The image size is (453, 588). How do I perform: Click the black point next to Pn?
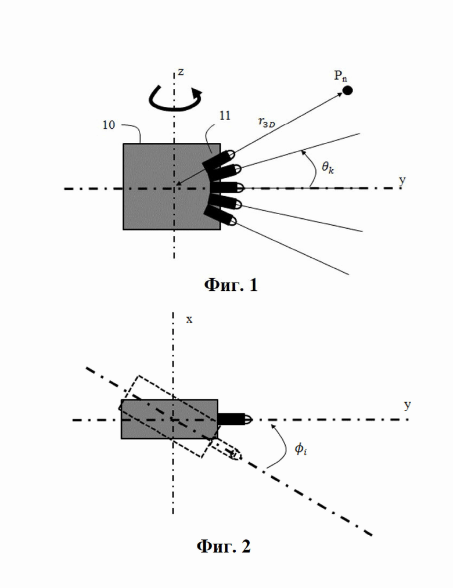347,91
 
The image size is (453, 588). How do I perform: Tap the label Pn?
340,76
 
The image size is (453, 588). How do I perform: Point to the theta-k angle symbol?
328,167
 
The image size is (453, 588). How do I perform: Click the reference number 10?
109,125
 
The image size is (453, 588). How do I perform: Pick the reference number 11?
224,116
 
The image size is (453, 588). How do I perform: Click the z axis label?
181,71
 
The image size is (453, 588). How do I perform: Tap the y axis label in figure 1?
402,181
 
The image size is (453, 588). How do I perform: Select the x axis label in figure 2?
189,319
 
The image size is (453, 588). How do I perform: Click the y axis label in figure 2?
407,405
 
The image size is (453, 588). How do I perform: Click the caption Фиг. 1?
231,285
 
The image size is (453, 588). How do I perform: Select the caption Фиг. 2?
224,546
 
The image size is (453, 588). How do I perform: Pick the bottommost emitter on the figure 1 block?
220,217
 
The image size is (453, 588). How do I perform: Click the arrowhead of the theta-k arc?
304,153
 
